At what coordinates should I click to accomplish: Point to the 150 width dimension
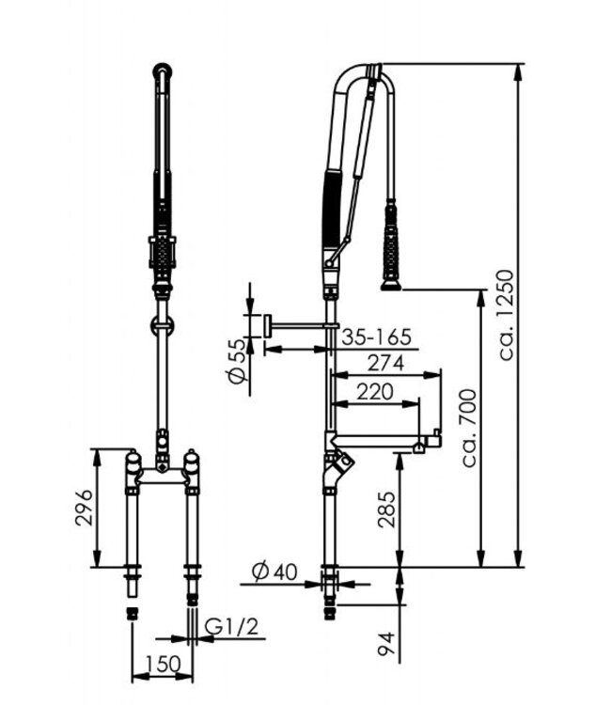[x=162, y=664]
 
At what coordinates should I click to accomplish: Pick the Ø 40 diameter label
[x=274, y=570]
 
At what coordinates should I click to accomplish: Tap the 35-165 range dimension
[x=377, y=335]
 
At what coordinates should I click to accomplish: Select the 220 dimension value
[x=376, y=392]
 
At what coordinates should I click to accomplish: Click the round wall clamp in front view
[x=164, y=326]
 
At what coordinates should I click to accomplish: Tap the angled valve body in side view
[x=338, y=463]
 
